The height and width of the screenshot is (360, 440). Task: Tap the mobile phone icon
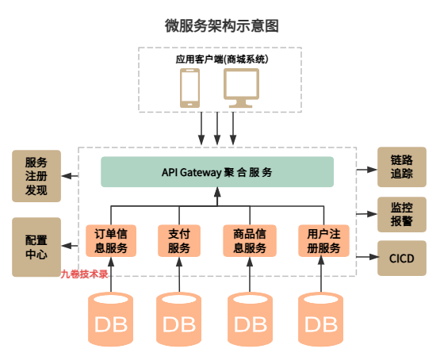click(190, 87)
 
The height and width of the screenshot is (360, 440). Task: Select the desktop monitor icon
click(242, 87)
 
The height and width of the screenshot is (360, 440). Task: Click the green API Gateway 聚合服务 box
click(216, 172)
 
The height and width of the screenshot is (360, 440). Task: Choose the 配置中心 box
click(36, 247)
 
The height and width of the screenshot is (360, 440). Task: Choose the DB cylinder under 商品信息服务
click(251, 321)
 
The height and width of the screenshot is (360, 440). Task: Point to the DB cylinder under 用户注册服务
click(322, 321)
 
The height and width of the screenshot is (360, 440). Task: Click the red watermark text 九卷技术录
click(84, 274)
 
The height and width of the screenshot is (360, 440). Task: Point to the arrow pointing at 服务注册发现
click(71, 175)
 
